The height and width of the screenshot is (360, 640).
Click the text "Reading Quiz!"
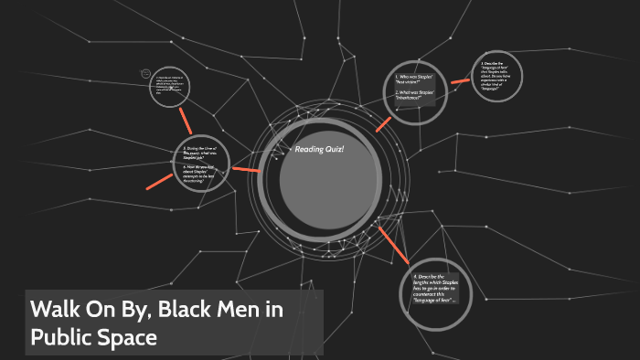319,150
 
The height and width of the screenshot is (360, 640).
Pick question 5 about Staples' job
204,153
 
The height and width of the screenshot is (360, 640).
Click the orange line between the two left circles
185,120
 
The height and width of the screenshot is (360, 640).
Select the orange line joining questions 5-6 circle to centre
246,169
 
